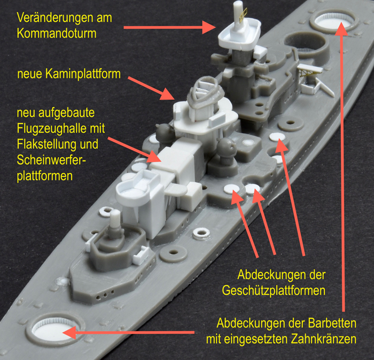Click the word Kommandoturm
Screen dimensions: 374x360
57,33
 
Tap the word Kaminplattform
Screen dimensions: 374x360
83,73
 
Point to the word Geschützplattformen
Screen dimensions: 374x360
274,291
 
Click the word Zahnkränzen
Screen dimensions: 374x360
323,339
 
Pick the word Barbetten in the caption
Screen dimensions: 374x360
332,323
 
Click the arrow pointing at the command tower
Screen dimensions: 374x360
169,27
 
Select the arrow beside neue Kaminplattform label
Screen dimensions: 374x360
151,88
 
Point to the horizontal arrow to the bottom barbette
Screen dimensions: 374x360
128,332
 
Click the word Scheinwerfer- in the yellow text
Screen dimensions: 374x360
51,160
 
